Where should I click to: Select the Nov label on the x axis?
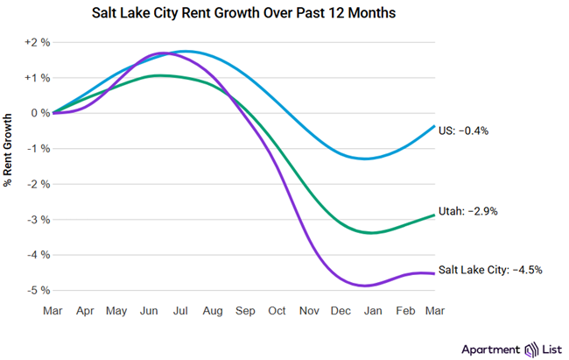(x=309, y=310)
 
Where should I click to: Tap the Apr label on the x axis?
(x=85, y=310)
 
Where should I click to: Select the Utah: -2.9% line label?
(x=469, y=212)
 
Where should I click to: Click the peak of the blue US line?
(x=186, y=52)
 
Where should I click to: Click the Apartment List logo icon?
(x=530, y=348)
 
